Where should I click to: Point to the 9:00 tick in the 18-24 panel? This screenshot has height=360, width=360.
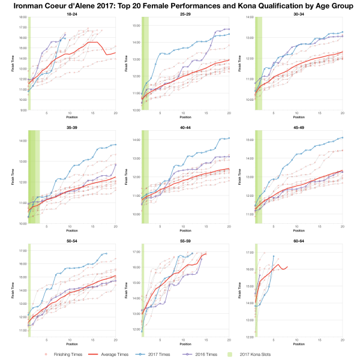pos(22,110)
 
